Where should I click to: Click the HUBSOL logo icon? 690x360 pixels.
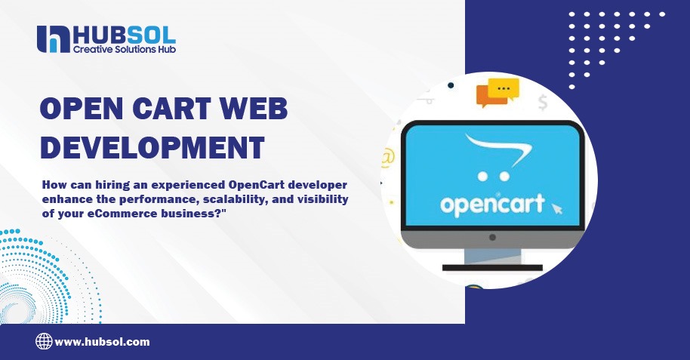click(x=52, y=39)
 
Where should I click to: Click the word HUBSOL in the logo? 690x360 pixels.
click(x=124, y=34)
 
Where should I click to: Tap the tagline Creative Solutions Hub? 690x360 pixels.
click(x=124, y=49)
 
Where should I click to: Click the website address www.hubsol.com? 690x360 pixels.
click(x=102, y=342)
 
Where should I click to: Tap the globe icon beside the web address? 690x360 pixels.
click(x=44, y=342)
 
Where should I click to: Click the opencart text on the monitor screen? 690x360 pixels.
click(x=491, y=205)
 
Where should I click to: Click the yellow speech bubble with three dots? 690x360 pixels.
click(x=504, y=89)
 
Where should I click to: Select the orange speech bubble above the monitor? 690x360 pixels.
click(x=486, y=97)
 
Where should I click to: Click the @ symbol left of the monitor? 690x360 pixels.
click(x=388, y=158)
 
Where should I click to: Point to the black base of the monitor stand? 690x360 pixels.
click(x=491, y=267)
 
